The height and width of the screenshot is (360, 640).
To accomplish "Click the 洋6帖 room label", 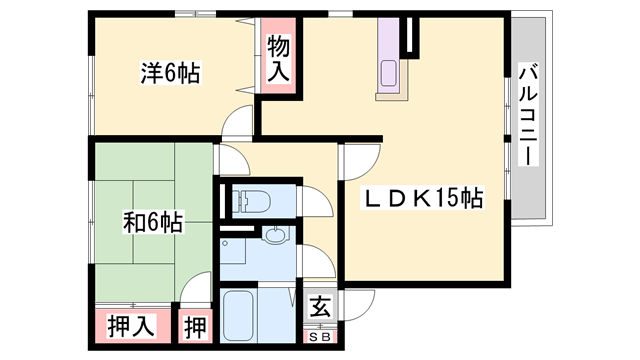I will pyautogui.click(x=169, y=73).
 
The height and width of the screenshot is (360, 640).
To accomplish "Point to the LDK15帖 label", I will pyautogui.click(x=421, y=199).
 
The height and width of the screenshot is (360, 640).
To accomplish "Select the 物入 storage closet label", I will pyautogui.click(x=280, y=60).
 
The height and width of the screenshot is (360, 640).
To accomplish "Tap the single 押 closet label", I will pyautogui.click(x=194, y=326).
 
